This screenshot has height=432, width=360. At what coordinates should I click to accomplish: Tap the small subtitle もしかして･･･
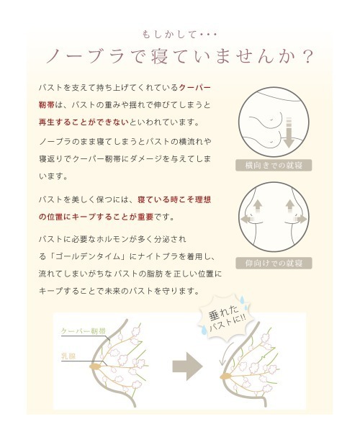click(180, 33)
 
